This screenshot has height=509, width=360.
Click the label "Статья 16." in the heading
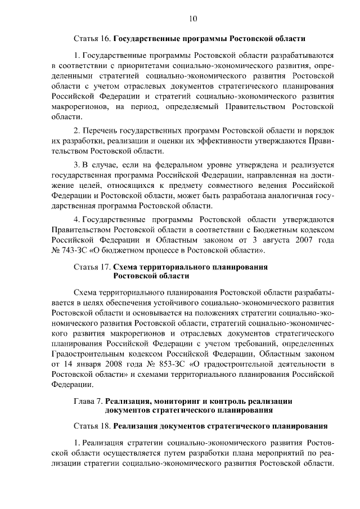(92, 39)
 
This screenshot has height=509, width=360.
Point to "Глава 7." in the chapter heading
(88, 400)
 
